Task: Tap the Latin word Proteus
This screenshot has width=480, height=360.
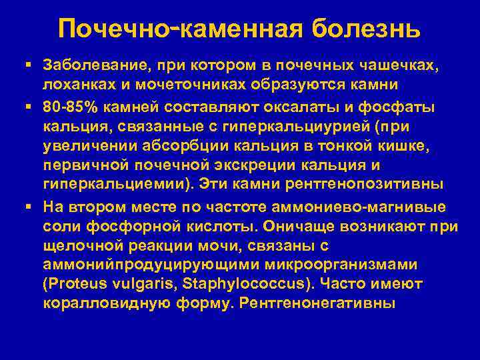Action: (73, 283)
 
